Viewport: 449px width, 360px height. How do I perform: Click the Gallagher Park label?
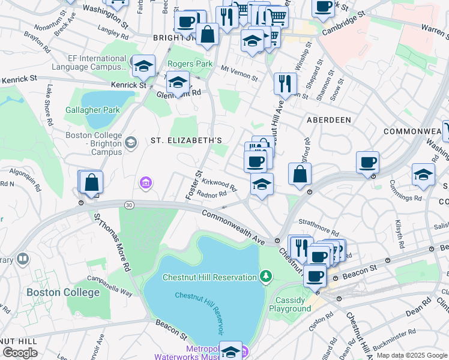point(94,110)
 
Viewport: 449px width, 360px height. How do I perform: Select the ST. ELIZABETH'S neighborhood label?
point(186,140)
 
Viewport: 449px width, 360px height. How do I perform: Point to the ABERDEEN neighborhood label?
point(329,120)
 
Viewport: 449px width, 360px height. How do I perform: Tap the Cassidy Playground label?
point(294,304)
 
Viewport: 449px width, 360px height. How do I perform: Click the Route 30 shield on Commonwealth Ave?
point(129,205)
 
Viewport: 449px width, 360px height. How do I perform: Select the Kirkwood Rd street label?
point(219,184)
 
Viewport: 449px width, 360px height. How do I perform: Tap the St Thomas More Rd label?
point(110,241)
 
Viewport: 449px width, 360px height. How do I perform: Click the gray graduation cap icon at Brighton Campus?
point(131,142)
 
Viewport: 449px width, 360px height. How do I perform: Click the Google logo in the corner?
point(20,353)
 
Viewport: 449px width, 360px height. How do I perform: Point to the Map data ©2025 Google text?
point(412,355)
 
